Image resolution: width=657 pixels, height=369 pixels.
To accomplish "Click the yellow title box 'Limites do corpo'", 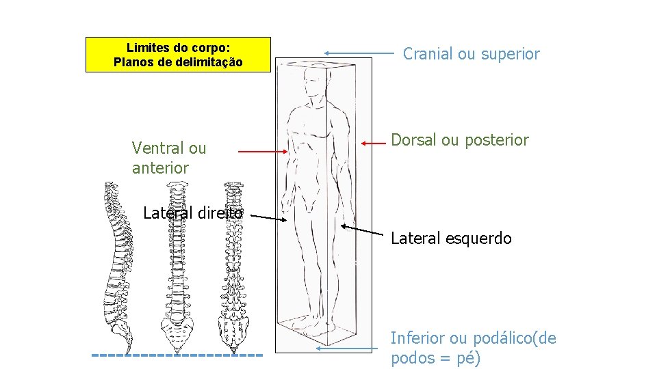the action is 178,55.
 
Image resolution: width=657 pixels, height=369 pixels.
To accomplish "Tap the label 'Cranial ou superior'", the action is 471,53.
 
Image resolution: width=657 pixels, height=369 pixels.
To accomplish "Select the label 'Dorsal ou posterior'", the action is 459,140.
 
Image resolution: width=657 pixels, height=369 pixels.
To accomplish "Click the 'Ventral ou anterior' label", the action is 168,158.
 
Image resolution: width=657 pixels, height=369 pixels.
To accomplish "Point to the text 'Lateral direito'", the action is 192,213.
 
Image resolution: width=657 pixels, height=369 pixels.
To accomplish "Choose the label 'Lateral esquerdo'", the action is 451,238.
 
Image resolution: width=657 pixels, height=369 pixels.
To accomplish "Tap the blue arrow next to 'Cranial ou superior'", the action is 359,53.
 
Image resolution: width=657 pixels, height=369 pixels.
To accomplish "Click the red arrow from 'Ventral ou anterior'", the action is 263,151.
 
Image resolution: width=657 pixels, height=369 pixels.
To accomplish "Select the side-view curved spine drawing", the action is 117,266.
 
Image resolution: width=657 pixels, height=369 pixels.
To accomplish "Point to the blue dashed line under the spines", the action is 177,355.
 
